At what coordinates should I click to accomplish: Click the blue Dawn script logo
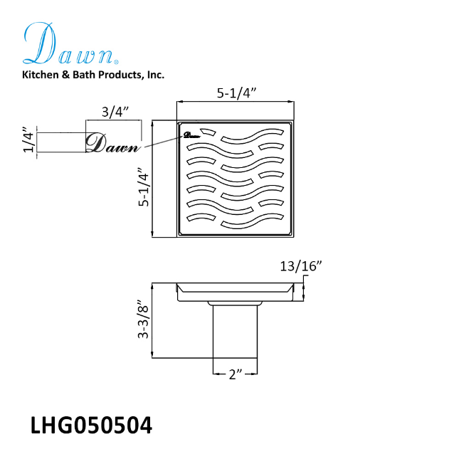pos(70,44)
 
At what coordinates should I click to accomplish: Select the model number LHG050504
pos(91,426)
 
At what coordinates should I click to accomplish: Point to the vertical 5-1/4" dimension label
pos(144,186)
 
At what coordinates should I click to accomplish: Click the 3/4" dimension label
pos(115,112)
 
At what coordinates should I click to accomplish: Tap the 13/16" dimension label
pos(301,266)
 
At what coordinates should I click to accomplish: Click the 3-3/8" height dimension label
pos(144,319)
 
